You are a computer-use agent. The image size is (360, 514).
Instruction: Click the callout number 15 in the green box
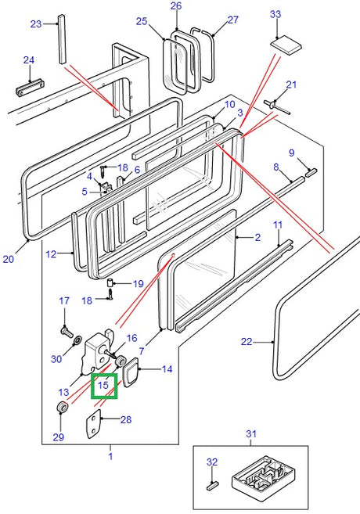pyautogui.click(x=104, y=385)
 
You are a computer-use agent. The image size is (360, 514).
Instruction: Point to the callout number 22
pyautogui.click(x=247, y=341)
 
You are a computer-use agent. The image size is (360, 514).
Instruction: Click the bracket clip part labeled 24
pyautogui.click(x=32, y=84)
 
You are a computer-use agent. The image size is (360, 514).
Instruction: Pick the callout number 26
pyautogui.click(x=176, y=6)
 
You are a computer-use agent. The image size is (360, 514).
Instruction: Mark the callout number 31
pyautogui.click(x=251, y=433)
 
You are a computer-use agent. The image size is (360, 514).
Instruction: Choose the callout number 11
pyautogui.click(x=278, y=225)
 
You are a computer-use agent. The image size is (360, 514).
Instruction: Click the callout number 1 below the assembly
pyautogui.click(x=110, y=456)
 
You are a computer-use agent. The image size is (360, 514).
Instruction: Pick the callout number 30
pyautogui.click(x=55, y=358)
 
